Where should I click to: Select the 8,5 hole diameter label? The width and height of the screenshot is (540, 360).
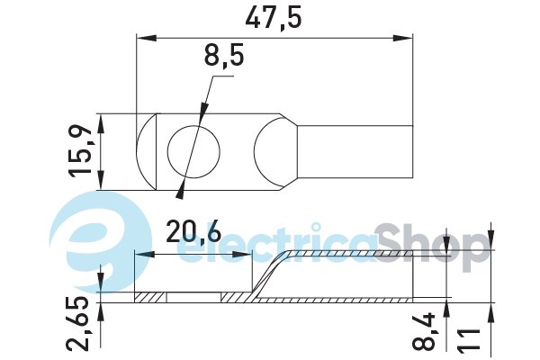[224, 56]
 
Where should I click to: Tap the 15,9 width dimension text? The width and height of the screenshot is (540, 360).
[81, 151]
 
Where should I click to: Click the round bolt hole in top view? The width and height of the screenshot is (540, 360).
[193, 152]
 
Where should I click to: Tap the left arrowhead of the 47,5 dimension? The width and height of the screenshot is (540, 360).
[147, 38]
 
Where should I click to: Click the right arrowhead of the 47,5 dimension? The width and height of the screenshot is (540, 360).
[402, 38]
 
